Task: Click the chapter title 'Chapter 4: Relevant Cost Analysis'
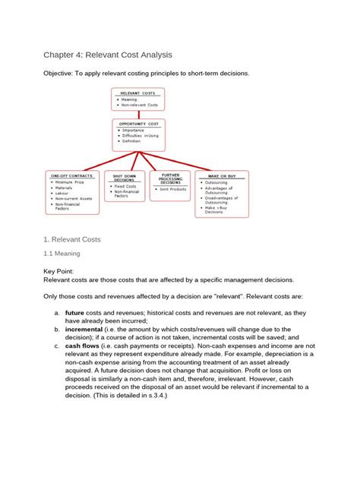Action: pyautogui.click(x=107, y=55)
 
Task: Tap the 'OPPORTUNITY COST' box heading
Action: pyautogui.click(x=138, y=123)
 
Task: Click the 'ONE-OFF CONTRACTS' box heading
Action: pyautogui.click(x=71, y=175)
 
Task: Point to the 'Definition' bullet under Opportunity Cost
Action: pyautogui.click(x=131, y=141)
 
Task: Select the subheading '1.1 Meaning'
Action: pyautogui.click(x=62, y=254)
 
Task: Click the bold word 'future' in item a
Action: pyautogui.click(x=74, y=312)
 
